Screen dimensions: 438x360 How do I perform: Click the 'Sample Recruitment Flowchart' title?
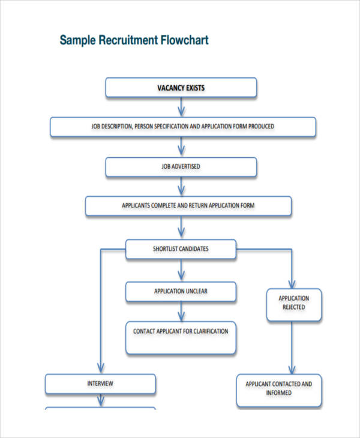pyautogui.click(x=134, y=41)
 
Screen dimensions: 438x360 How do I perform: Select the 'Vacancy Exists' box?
pyautogui.click(x=181, y=88)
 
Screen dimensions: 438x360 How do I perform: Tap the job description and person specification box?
pyautogui.click(x=182, y=127)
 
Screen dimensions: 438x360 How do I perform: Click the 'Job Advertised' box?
pyautogui.click(x=181, y=166)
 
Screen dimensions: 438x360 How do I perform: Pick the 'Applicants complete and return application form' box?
pyautogui.click(x=188, y=205)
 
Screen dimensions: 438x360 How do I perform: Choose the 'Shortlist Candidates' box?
pyautogui.click(x=181, y=248)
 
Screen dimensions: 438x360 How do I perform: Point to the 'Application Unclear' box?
pyautogui.click(x=181, y=292)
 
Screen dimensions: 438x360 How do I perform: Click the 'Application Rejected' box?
pyautogui.click(x=294, y=303)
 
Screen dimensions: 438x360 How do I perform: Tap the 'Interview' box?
pyautogui.click(x=101, y=383)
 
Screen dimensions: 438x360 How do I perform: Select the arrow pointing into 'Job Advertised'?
pyautogui.click(x=181, y=148)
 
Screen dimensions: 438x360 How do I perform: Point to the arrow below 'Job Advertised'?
pyautogui.click(x=181, y=187)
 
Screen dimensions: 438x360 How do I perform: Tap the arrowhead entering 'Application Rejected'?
pyautogui.click(x=292, y=283)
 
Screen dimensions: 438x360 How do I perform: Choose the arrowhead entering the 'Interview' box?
pyautogui.click(x=101, y=368)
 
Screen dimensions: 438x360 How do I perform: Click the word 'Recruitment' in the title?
pyautogui.click(x=127, y=41)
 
